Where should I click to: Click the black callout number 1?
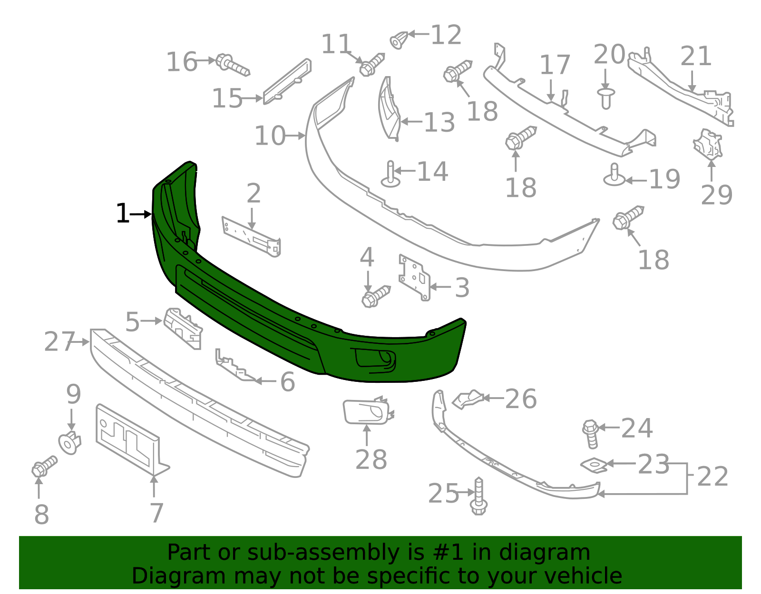pos(122,214)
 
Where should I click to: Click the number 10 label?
pos(269,136)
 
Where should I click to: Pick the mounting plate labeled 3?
pos(414,278)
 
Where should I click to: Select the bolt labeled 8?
pos(44,466)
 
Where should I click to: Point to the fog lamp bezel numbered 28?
pos(366,412)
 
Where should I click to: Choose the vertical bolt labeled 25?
pos(478,497)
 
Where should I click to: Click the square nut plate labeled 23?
pos(593,465)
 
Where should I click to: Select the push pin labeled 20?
pos(605,97)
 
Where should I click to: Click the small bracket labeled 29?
pos(708,144)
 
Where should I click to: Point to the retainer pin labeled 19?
pos(614,175)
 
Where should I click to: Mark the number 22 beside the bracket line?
pos(712,477)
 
